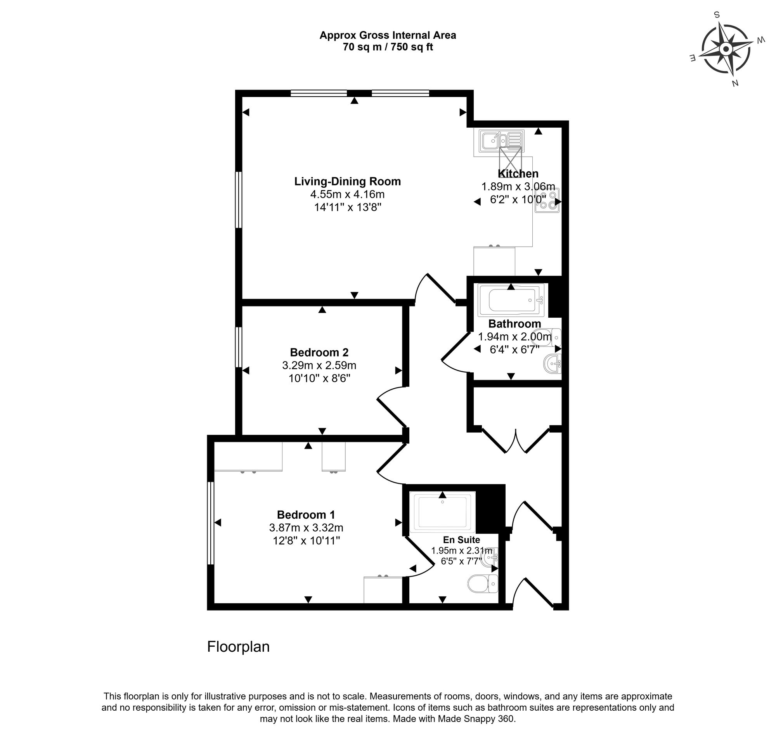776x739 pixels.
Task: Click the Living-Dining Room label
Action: click(x=347, y=182)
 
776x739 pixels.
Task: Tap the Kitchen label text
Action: click(x=518, y=174)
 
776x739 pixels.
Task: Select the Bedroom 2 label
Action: click(x=319, y=352)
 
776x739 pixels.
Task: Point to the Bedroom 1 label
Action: click(x=306, y=515)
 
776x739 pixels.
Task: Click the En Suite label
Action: click(x=461, y=540)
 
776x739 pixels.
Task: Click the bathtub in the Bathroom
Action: click(x=511, y=301)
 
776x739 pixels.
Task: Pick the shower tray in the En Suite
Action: click(x=443, y=511)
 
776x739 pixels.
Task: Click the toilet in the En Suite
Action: click(x=483, y=583)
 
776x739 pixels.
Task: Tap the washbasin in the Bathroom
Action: click(x=553, y=363)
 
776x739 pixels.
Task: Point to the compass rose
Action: click(x=726, y=49)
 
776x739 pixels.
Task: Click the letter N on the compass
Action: click(x=734, y=83)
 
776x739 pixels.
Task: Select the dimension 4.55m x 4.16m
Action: click(x=347, y=194)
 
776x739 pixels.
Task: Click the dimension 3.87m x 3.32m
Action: click(x=306, y=528)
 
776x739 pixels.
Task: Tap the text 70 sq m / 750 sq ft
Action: click(x=388, y=47)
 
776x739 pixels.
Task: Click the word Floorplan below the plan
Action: click(x=238, y=647)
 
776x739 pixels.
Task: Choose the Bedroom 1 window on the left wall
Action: click(x=211, y=523)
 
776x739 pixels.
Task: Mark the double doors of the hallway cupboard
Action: click(x=516, y=440)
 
